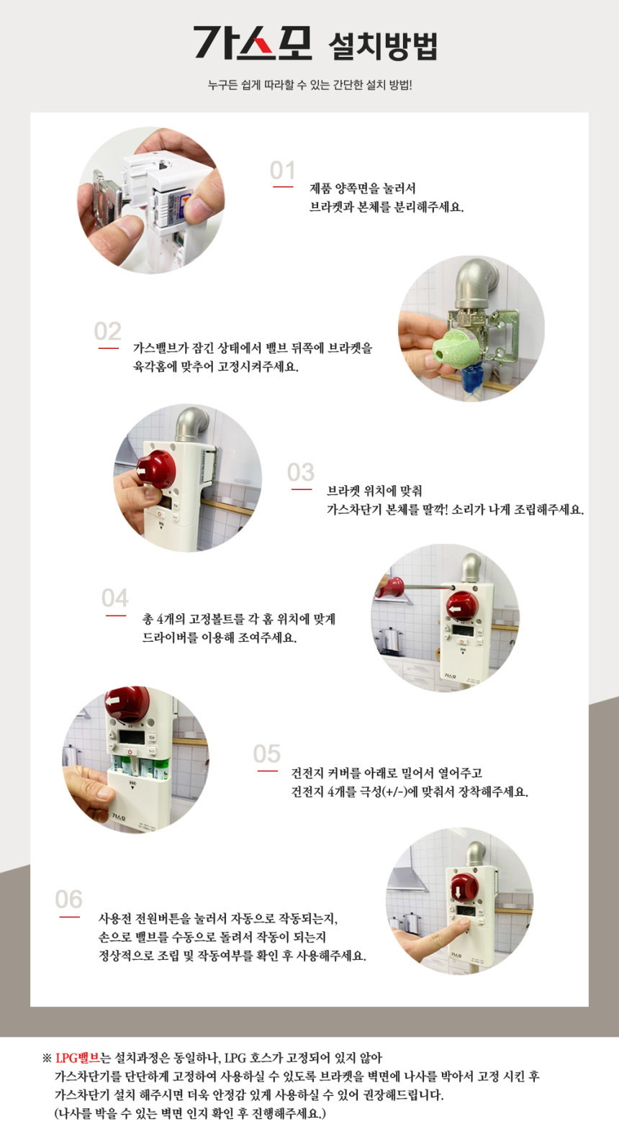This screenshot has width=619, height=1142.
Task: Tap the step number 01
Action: pyautogui.click(x=282, y=171)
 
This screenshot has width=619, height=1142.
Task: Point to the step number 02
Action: pyautogui.click(x=107, y=331)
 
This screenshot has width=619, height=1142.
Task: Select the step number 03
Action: pyautogui.click(x=300, y=472)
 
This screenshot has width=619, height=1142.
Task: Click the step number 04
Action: pyautogui.click(x=114, y=598)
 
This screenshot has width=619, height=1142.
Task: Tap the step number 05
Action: pyautogui.click(x=266, y=753)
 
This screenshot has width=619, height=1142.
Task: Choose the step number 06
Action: pyautogui.click(x=68, y=899)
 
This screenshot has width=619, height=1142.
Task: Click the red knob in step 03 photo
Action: pyautogui.click(x=156, y=469)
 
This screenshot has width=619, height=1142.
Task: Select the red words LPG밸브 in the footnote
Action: pyautogui.click(x=77, y=1058)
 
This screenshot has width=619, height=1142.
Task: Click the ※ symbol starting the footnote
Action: pyautogui.click(x=48, y=1059)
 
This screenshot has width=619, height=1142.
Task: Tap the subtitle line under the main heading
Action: pyautogui.click(x=309, y=85)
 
